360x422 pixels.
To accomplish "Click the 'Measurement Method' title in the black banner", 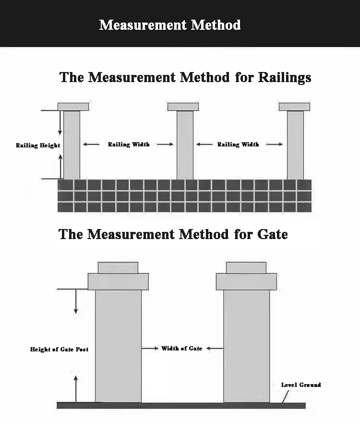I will click(x=170, y=25).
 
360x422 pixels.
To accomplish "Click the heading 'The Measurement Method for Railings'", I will click(x=185, y=77).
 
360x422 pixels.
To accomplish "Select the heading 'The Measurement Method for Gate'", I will click(x=173, y=234).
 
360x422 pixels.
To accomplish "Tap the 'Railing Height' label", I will click(x=38, y=145).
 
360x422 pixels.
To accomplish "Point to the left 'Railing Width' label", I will click(x=128, y=144).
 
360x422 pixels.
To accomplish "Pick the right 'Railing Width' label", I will click(x=238, y=144).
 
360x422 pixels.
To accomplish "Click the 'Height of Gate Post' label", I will click(x=59, y=349).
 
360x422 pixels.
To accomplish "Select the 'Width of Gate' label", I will click(x=181, y=348).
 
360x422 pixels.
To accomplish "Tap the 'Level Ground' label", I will click(x=300, y=385).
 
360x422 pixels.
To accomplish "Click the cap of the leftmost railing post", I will click(x=73, y=107).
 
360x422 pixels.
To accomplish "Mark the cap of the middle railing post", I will click(x=183, y=107).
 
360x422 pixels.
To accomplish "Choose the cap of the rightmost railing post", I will click(x=294, y=107).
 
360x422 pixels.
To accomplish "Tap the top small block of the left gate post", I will click(x=118, y=267).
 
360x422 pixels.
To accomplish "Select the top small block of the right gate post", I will click(x=246, y=267).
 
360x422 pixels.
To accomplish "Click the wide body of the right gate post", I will click(x=246, y=346).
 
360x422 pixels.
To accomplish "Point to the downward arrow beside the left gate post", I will click(x=75, y=302).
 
